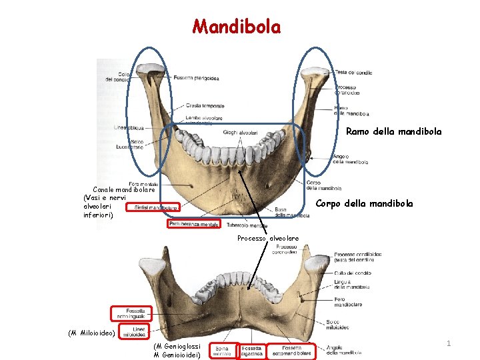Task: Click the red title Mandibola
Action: point(237,27)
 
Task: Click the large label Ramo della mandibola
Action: point(393,132)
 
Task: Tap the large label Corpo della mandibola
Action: point(364,203)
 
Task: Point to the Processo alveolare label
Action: point(268,239)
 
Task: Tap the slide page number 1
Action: point(449,343)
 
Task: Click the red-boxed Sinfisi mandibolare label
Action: point(156,208)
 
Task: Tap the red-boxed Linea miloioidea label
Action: point(138,331)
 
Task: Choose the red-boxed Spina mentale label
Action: point(222,351)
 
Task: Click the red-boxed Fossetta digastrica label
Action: point(251,351)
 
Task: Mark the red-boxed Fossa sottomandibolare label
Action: point(291,351)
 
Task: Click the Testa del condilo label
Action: point(353,73)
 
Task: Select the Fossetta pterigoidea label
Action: point(196,78)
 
